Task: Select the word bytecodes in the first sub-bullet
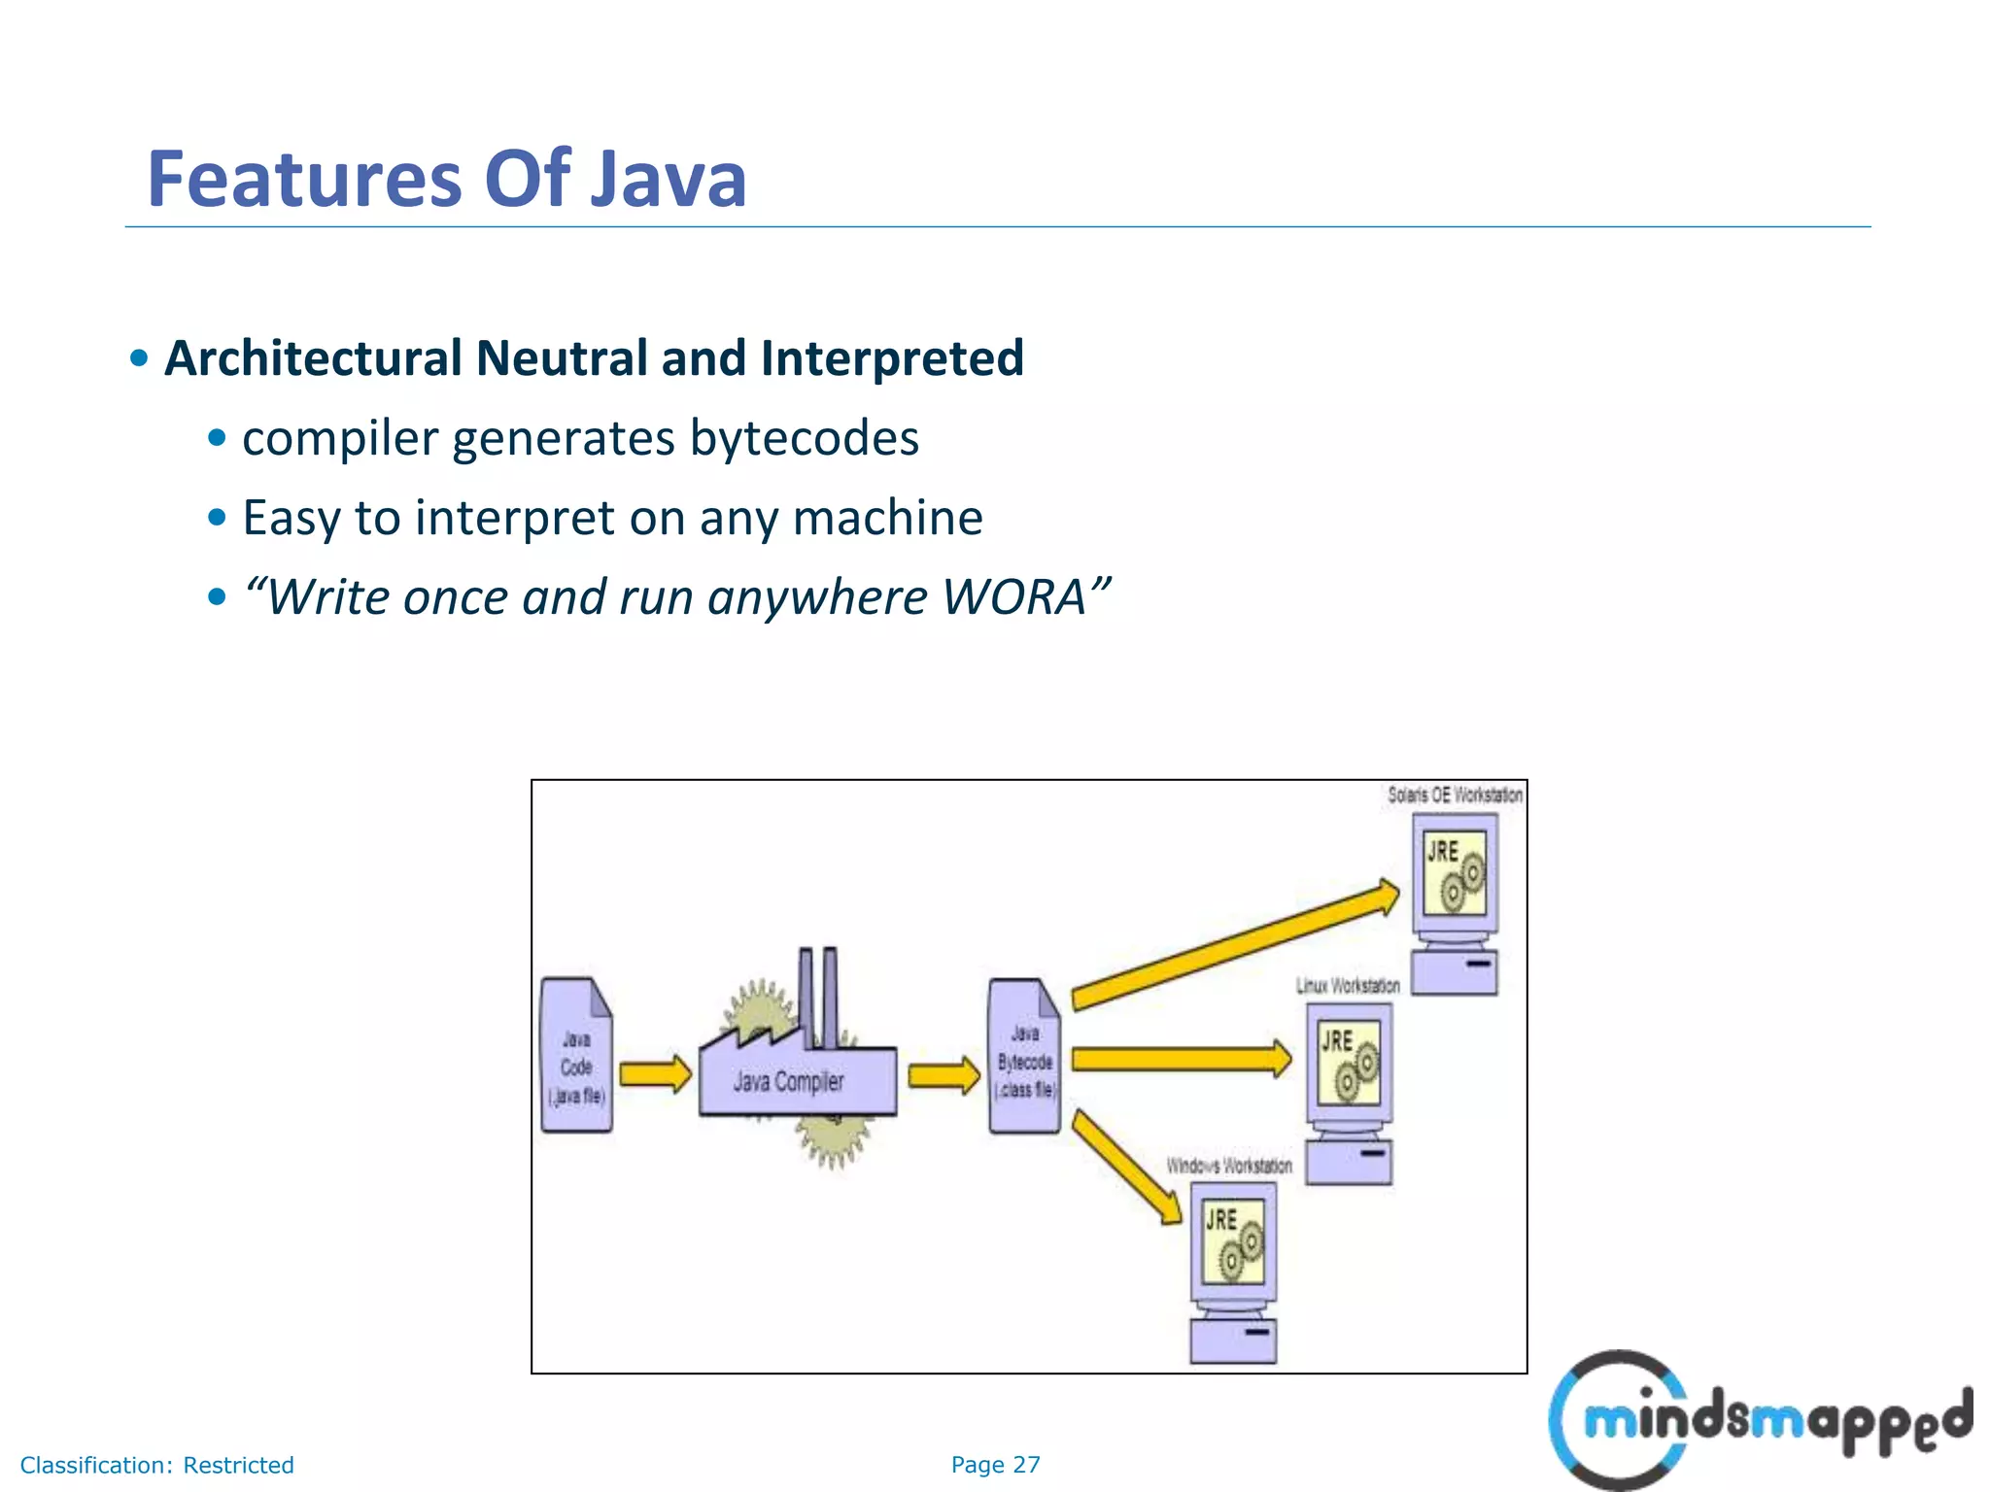(x=804, y=438)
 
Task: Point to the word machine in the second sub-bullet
(x=887, y=517)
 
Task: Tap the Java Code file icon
(x=576, y=1057)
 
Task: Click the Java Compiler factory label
(x=788, y=1081)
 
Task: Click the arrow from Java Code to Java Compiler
(x=655, y=1074)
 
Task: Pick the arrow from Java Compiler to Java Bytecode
(x=944, y=1075)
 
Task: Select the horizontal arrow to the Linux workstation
(x=1182, y=1058)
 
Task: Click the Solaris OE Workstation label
(x=1454, y=795)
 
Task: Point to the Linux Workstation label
(x=1347, y=985)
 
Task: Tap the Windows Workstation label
(x=1228, y=1165)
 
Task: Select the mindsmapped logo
(x=1759, y=1420)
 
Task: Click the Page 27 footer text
(x=995, y=1465)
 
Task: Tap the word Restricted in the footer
(x=238, y=1465)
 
